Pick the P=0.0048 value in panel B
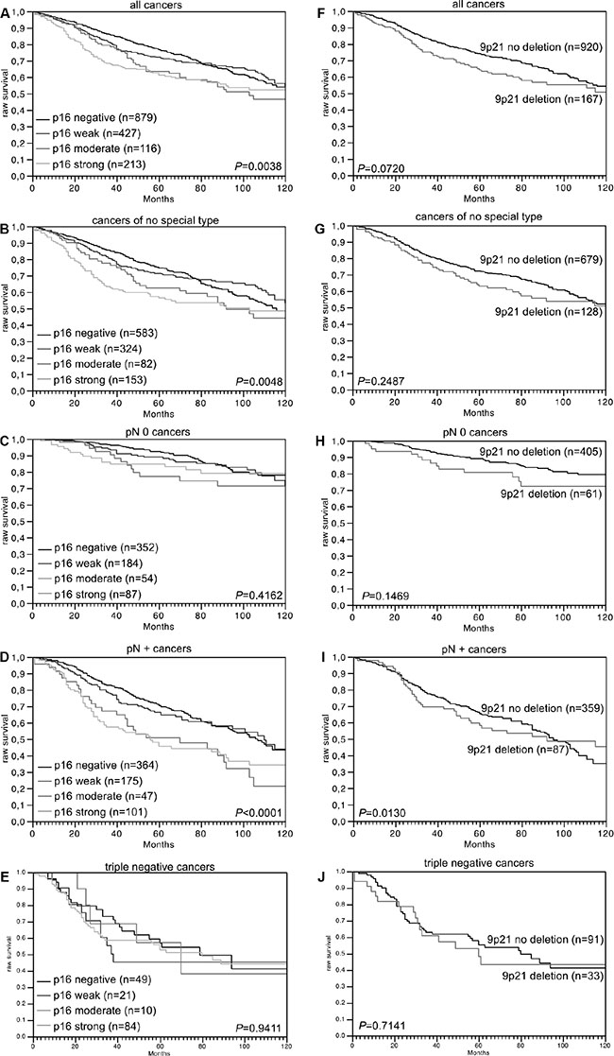pos(260,378)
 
